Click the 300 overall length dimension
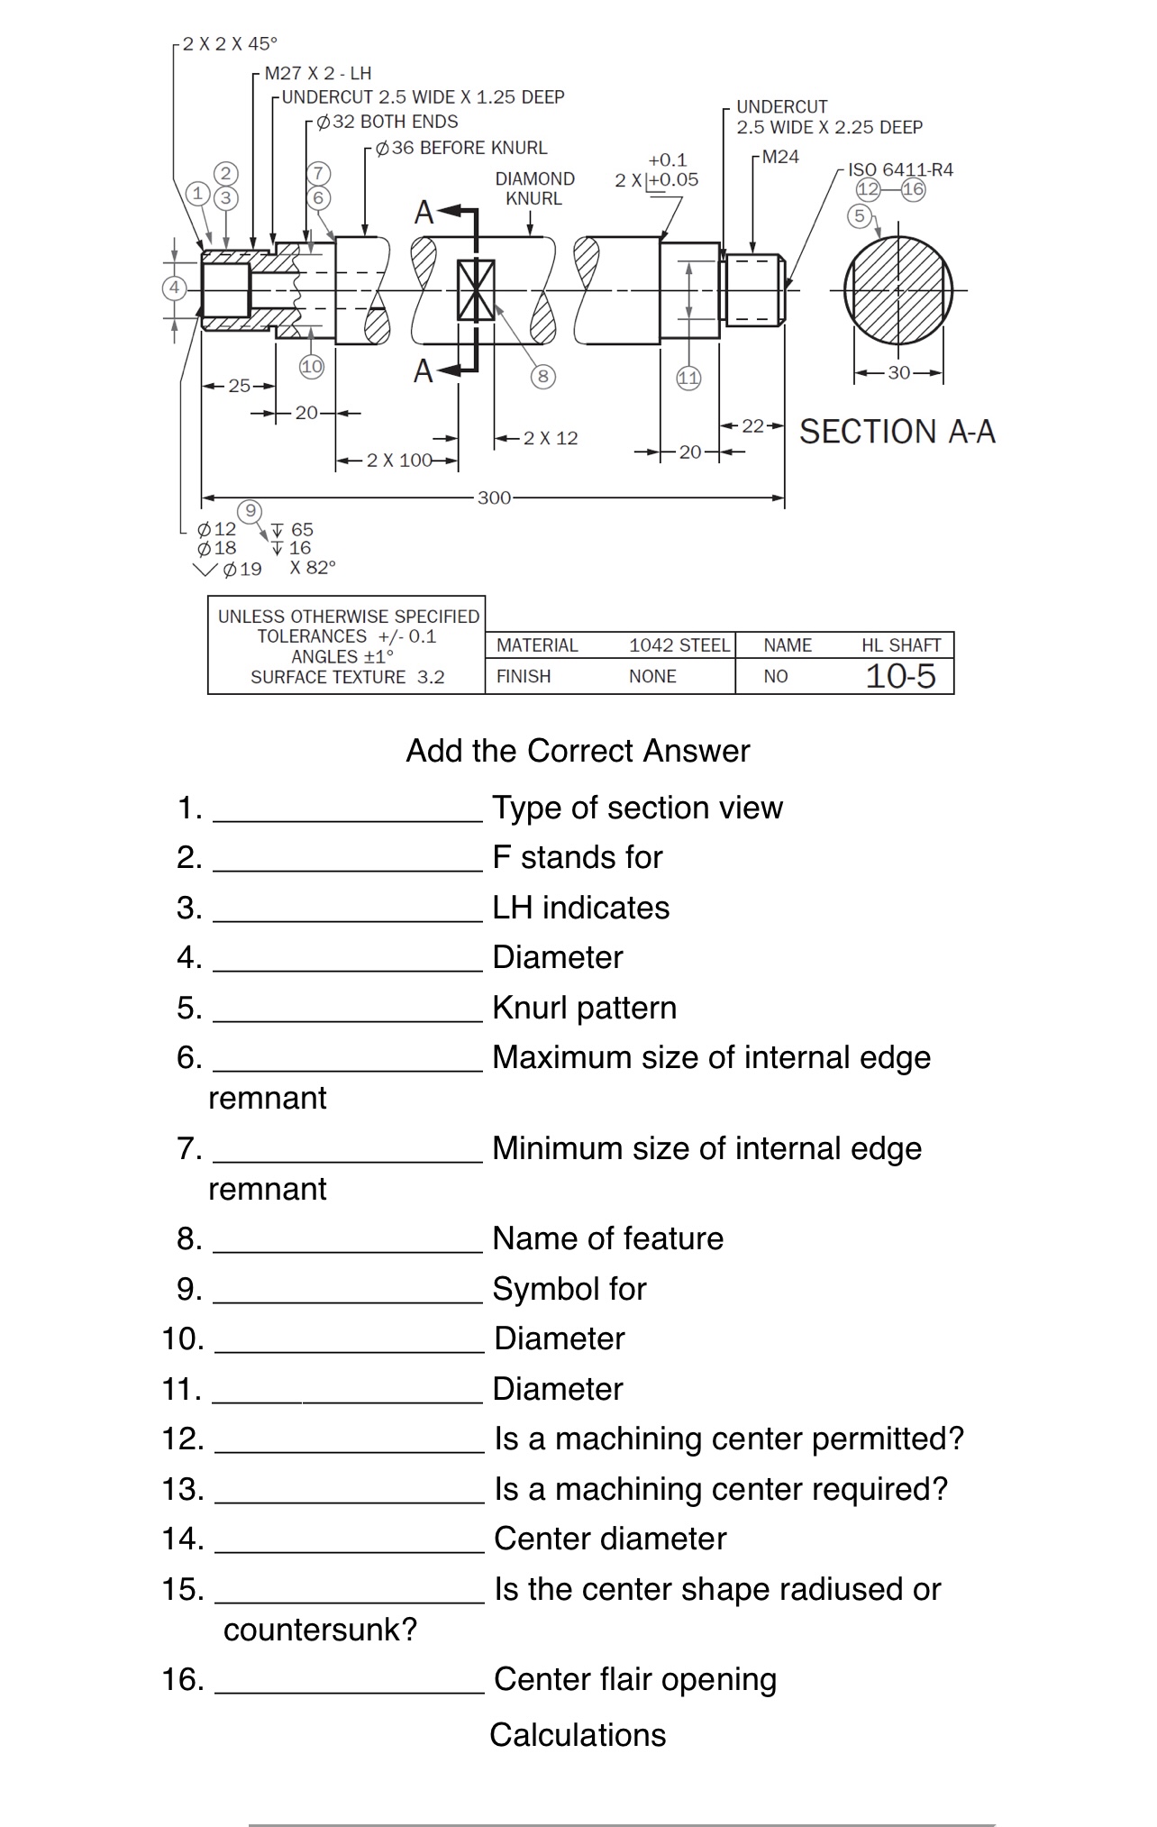tap(494, 498)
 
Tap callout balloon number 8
tap(542, 376)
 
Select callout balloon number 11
tap(688, 378)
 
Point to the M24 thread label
tap(780, 157)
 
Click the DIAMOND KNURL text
tap(534, 188)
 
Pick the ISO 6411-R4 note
tap(900, 169)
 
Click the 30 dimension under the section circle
tap(898, 372)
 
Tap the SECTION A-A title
tap(897, 432)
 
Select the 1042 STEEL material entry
tap(679, 645)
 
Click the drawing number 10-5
tap(900, 676)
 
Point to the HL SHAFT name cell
tap(900, 645)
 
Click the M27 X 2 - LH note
tap(317, 73)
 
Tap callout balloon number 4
tap(174, 288)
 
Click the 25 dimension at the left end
tap(239, 386)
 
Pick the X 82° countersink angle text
tap(313, 568)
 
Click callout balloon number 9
tap(251, 511)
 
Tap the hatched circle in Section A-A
tap(898, 290)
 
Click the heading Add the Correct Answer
tap(578, 751)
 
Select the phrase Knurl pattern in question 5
tap(584, 1008)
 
